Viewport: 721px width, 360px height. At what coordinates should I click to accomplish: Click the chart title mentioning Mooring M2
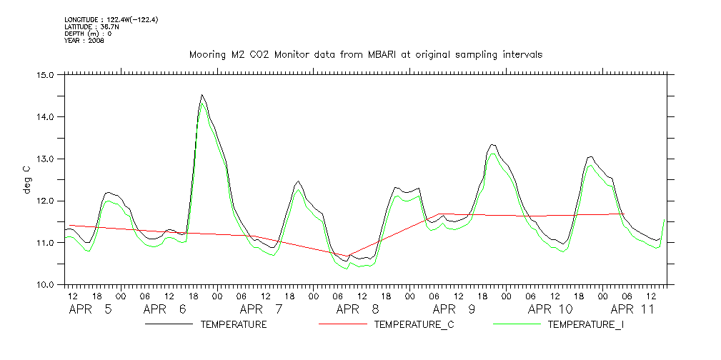(365, 54)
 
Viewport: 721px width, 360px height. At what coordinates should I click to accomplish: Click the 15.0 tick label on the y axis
(46, 74)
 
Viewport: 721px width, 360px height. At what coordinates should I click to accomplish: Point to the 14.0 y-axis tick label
(46, 116)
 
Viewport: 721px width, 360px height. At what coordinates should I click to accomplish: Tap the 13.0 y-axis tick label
(46, 159)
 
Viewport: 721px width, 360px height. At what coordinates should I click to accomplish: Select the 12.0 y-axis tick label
(46, 201)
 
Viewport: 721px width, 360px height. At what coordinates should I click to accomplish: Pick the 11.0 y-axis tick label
(46, 243)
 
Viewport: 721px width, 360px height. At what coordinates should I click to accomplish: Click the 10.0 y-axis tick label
(46, 285)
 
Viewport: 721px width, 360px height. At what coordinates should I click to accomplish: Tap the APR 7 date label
(261, 309)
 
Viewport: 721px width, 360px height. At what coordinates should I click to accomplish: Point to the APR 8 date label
(357, 309)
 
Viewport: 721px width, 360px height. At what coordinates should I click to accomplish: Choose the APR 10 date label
(550, 309)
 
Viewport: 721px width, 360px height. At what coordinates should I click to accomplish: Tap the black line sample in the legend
(169, 324)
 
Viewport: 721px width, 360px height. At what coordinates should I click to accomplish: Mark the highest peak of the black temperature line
(202, 95)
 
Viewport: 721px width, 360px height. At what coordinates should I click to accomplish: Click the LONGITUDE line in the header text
(111, 20)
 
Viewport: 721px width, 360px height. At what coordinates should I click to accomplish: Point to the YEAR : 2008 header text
(84, 41)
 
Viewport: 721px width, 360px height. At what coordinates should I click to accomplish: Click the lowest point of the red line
(348, 256)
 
